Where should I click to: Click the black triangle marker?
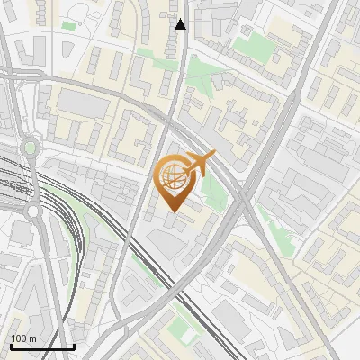(181, 24)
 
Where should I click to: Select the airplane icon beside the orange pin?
(200, 163)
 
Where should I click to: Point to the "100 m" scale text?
(23, 338)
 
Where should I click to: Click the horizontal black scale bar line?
(42, 346)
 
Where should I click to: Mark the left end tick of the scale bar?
(11, 345)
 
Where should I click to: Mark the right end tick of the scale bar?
(74, 345)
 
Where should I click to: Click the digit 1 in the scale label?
(13, 338)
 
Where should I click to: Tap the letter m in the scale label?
(32, 338)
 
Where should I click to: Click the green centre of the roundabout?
(30, 147)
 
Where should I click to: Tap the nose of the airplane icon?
(214, 155)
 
